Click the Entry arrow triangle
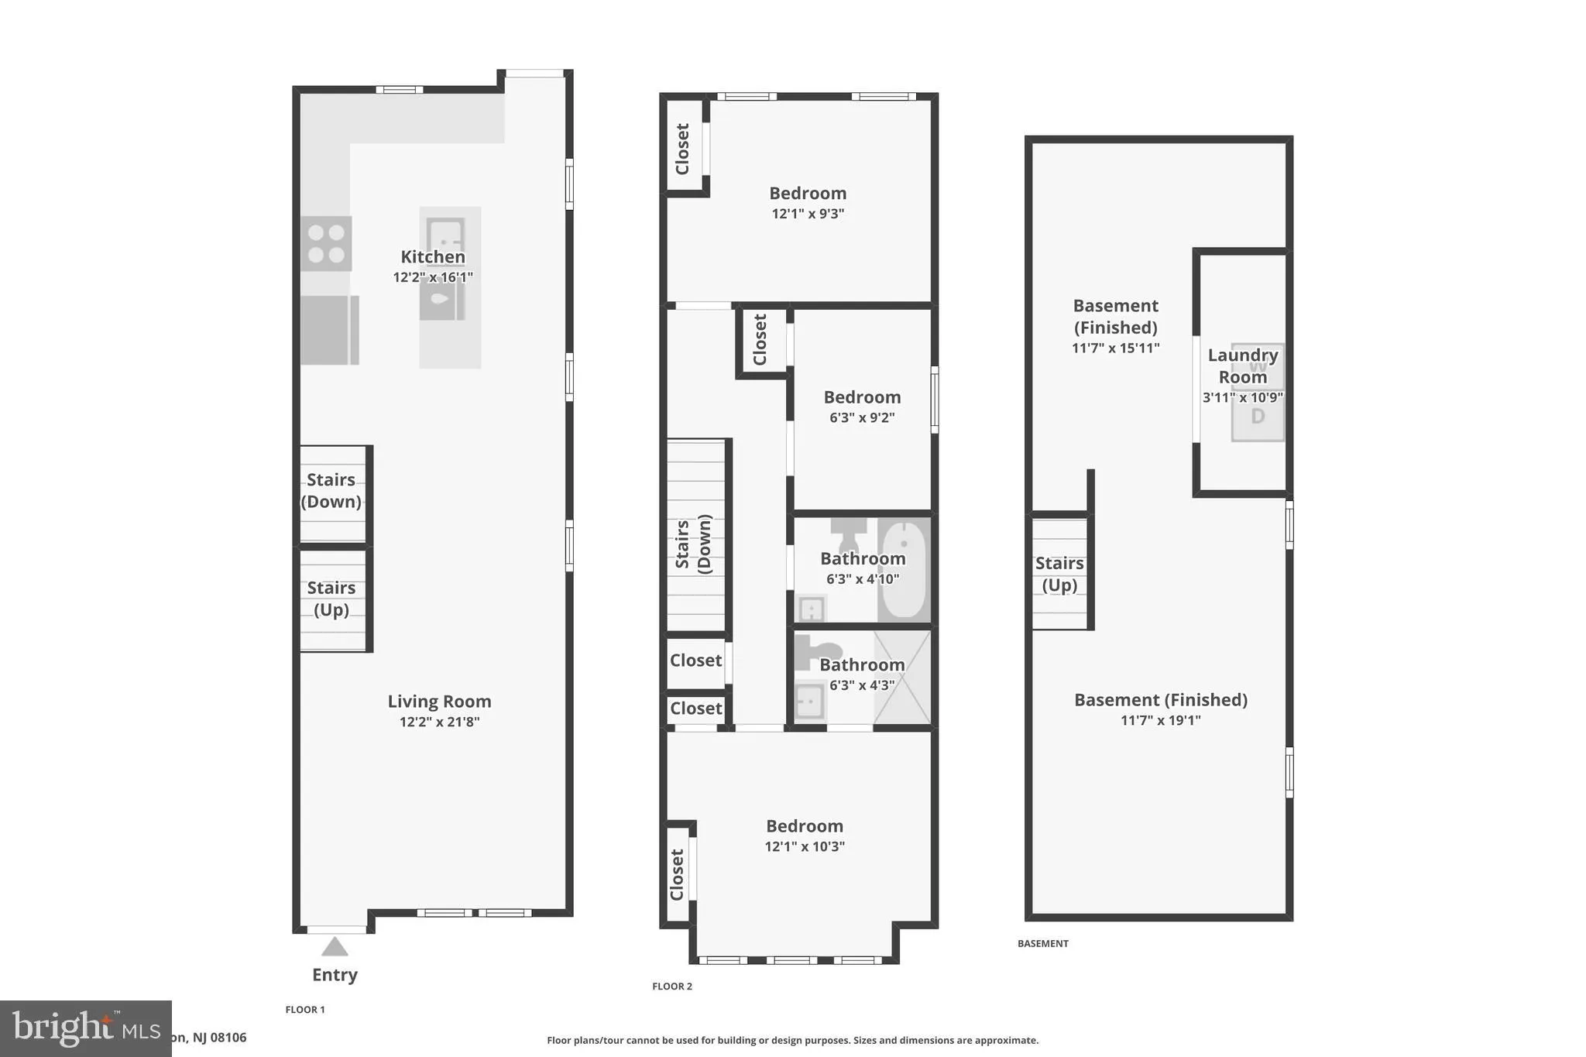coord(335,946)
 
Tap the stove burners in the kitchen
coord(326,243)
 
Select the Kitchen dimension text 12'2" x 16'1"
coord(432,277)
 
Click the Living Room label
coord(439,702)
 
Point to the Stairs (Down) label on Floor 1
coord(331,491)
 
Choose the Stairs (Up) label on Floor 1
coord(331,599)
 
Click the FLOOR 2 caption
coord(672,986)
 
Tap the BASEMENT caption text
coord(1042,943)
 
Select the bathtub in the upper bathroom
coord(903,570)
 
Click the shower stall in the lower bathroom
coord(902,678)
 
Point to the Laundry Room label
coord(1242,366)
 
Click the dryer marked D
coord(1258,417)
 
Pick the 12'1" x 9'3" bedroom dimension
coord(808,214)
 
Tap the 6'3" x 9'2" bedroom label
coord(862,397)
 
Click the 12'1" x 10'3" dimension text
coord(805,846)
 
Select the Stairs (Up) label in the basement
coord(1059,574)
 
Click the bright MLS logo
coord(86,1028)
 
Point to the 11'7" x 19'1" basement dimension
coord(1160,720)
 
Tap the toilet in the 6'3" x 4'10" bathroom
coord(849,530)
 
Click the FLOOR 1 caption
coord(305,1009)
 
